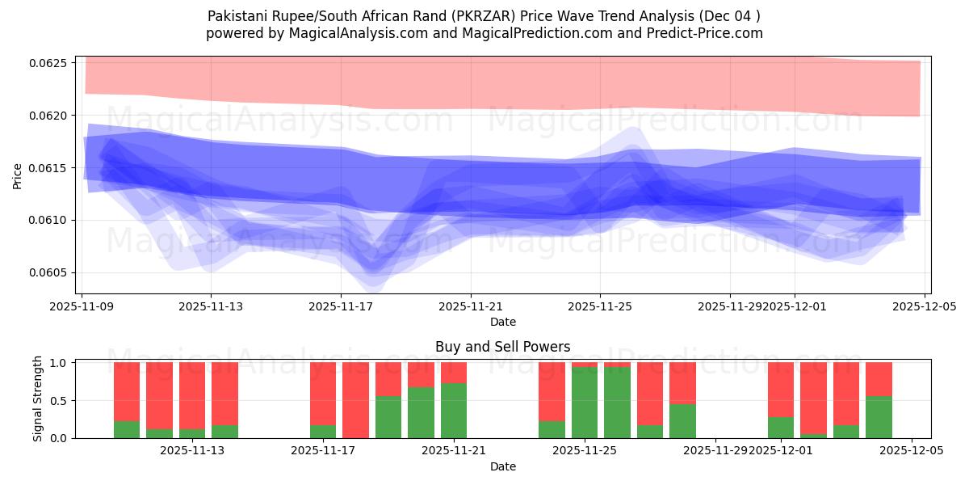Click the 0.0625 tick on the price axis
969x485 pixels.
pos(54,63)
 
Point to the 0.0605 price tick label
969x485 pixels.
pos(54,272)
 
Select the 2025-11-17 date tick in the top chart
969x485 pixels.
pos(341,306)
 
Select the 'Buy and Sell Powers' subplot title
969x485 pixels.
pos(502,347)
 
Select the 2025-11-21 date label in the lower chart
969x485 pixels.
pos(453,451)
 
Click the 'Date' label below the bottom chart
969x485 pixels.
pos(502,466)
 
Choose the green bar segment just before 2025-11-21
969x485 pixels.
pos(421,412)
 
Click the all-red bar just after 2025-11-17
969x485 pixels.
pos(355,400)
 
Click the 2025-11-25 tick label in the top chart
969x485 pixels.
pos(600,306)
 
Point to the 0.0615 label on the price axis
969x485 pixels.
pos(54,168)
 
